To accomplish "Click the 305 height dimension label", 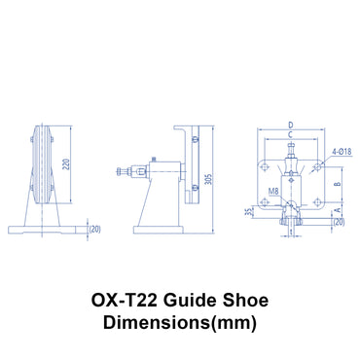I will click(206, 179).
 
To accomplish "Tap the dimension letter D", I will click(290, 125).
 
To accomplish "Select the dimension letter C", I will click(290, 136).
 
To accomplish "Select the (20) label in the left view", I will click(95, 229).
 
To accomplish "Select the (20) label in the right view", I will click(338, 221).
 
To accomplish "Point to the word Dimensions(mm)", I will click(179, 325).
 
